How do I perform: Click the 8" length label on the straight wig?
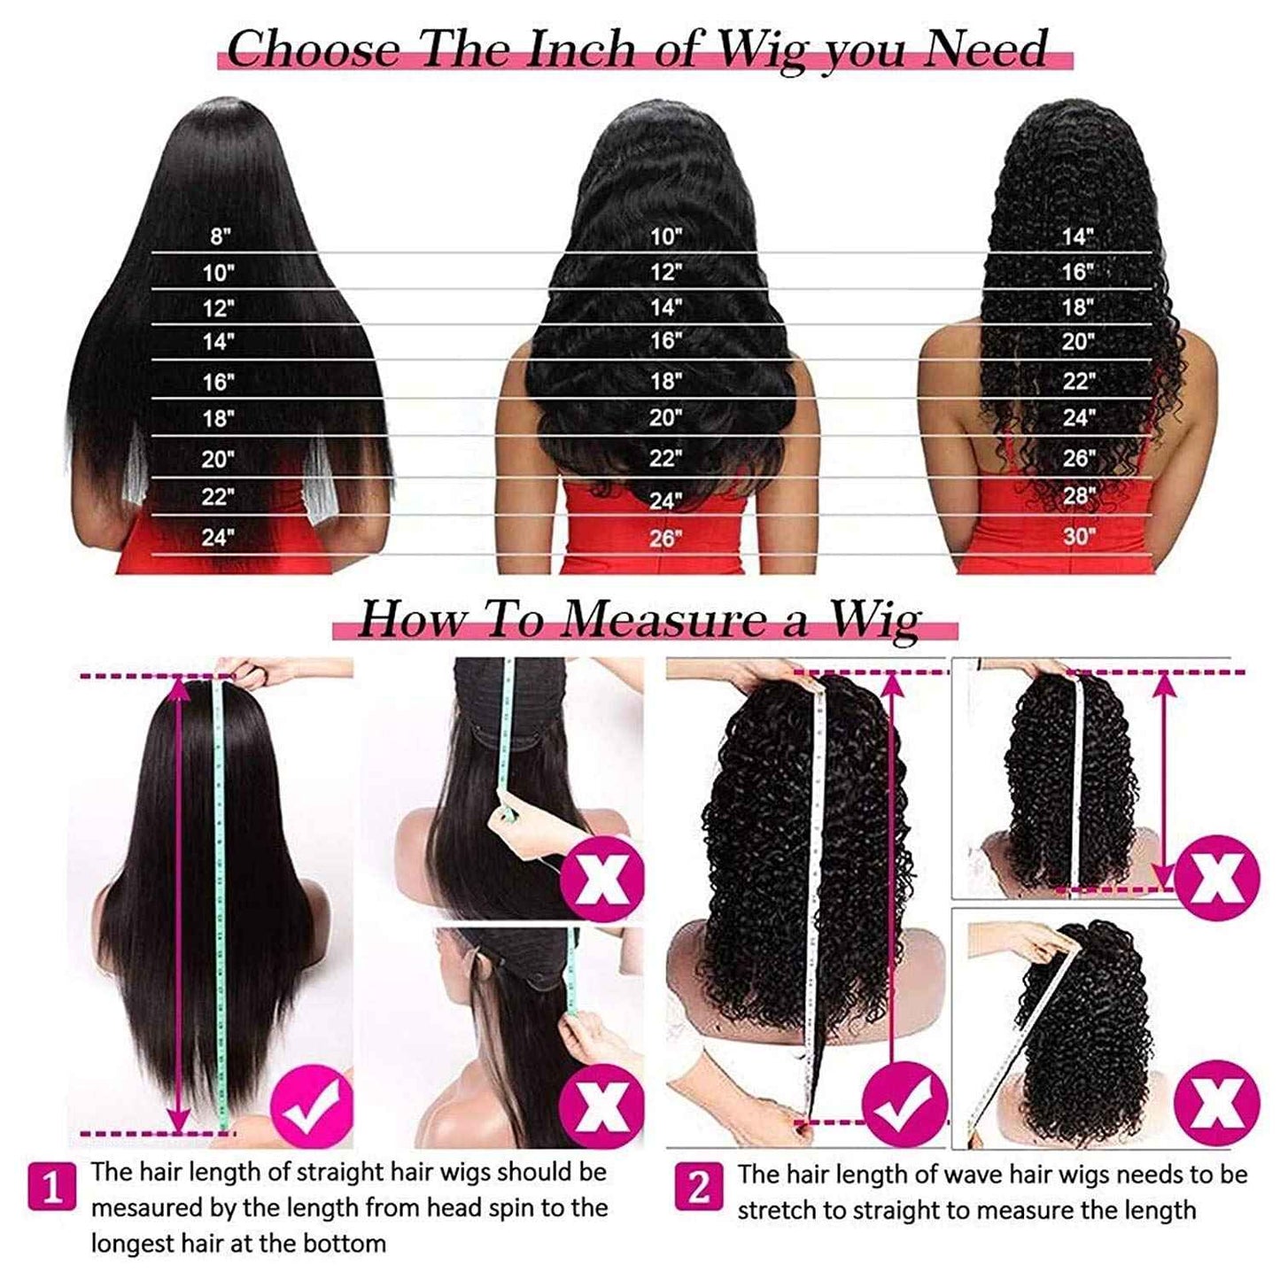220,237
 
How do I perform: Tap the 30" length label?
1078,536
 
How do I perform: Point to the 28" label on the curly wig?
1079,496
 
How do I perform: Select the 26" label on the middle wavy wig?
665,538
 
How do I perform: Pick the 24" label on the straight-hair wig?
217,537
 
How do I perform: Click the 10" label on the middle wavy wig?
666,237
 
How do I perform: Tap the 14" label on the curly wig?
1078,237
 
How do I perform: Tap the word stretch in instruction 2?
774,1210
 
